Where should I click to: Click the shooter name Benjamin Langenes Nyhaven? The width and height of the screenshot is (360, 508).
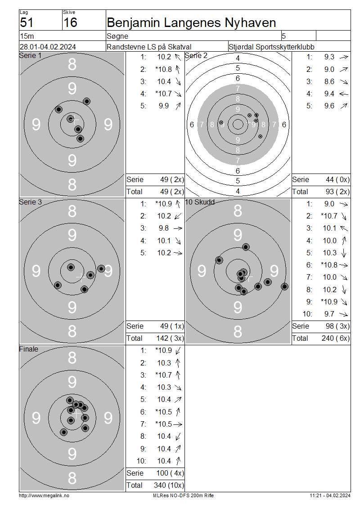point(191,22)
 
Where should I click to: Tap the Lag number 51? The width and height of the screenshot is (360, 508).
point(27,22)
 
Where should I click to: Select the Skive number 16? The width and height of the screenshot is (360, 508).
point(70,22)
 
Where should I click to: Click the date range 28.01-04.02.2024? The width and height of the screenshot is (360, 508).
point(48,47)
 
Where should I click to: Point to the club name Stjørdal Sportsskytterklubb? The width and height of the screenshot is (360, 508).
point(271,47)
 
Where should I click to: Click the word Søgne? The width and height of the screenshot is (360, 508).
point(117,36)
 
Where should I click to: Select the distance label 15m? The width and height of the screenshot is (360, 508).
point(27,36)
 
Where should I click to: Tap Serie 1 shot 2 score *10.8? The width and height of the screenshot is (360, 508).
point(163,69)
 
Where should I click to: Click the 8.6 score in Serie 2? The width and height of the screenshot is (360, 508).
point(329,82)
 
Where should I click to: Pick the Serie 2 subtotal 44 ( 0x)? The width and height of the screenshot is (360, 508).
point(337,180)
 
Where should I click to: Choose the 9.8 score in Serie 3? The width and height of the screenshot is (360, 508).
point(164,228)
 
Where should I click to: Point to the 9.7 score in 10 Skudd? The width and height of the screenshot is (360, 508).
point(329,314)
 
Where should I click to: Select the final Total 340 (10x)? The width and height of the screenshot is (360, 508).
point(169,486)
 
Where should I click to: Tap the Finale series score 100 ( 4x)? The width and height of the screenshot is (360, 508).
point(170,473)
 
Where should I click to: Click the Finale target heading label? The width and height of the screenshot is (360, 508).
point(28,349)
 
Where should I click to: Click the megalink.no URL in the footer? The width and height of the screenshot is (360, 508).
point(44,496)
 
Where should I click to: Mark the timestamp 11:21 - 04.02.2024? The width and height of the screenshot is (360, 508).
point(330,496)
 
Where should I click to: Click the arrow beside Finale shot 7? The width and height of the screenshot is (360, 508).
point(178,424)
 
